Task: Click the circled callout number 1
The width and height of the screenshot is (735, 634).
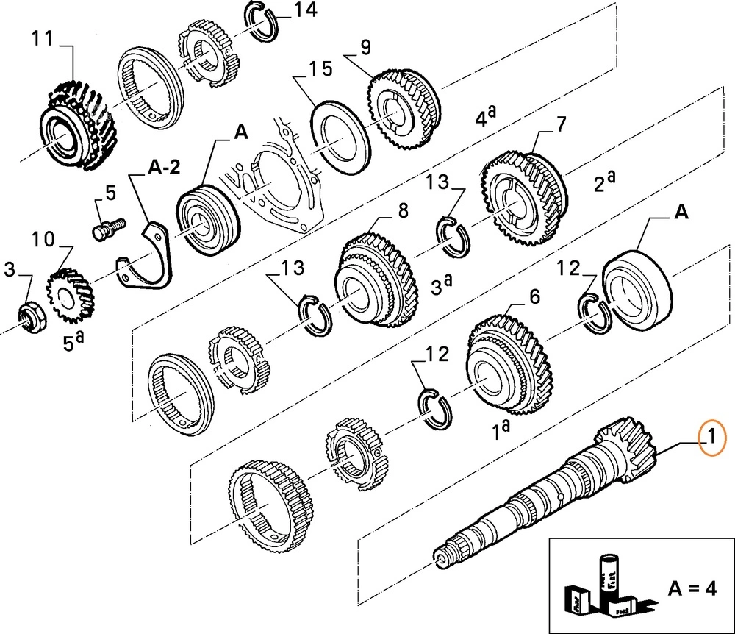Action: pos(711,441)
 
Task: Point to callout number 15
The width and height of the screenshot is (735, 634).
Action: pos(320,70)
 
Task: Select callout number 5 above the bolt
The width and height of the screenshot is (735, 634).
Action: pos(110,194)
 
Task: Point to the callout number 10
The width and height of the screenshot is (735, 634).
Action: pos(43,240)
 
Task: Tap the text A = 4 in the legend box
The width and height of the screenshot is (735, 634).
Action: pos(690,588)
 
